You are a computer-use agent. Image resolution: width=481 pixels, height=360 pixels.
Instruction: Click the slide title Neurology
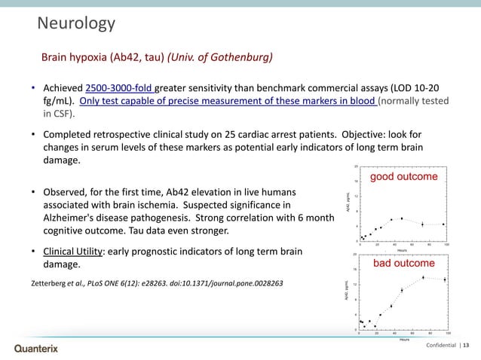coord(76,25)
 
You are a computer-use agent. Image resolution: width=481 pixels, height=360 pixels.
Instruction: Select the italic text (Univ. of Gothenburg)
coord(220,57)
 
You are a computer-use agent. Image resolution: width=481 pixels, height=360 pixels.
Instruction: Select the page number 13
coord(464,345)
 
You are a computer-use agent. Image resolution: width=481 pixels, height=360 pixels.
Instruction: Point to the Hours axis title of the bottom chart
coord(403,339)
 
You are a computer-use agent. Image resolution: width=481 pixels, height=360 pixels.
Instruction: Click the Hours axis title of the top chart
coord(403,251)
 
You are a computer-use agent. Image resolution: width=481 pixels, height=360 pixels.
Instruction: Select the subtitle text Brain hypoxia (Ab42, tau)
coord(103,57)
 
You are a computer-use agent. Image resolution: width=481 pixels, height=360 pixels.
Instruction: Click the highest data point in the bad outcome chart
coord(423,277)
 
